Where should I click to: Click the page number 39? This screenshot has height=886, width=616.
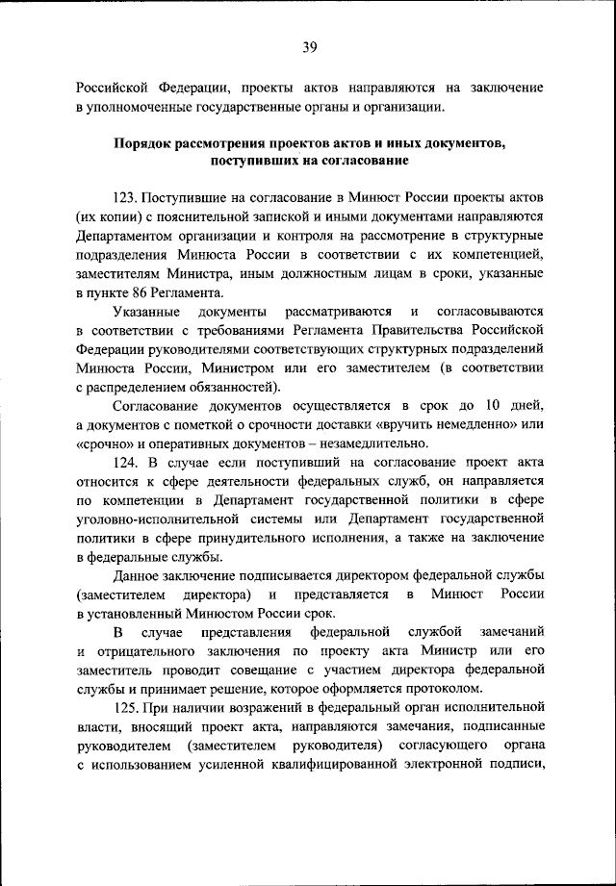[x=309, y=44]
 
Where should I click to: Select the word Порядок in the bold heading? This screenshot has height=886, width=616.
[x=147, y=143]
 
